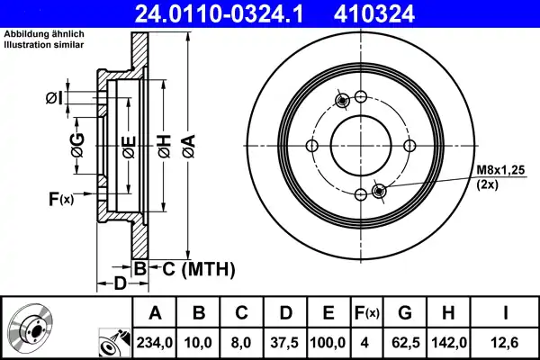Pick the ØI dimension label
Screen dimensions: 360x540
point(53,97)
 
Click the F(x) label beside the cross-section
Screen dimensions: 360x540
point(60,199)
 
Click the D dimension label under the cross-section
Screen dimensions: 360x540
point(119,285)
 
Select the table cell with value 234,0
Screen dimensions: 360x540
point(154,343)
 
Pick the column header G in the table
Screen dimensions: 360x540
point(403,313)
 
